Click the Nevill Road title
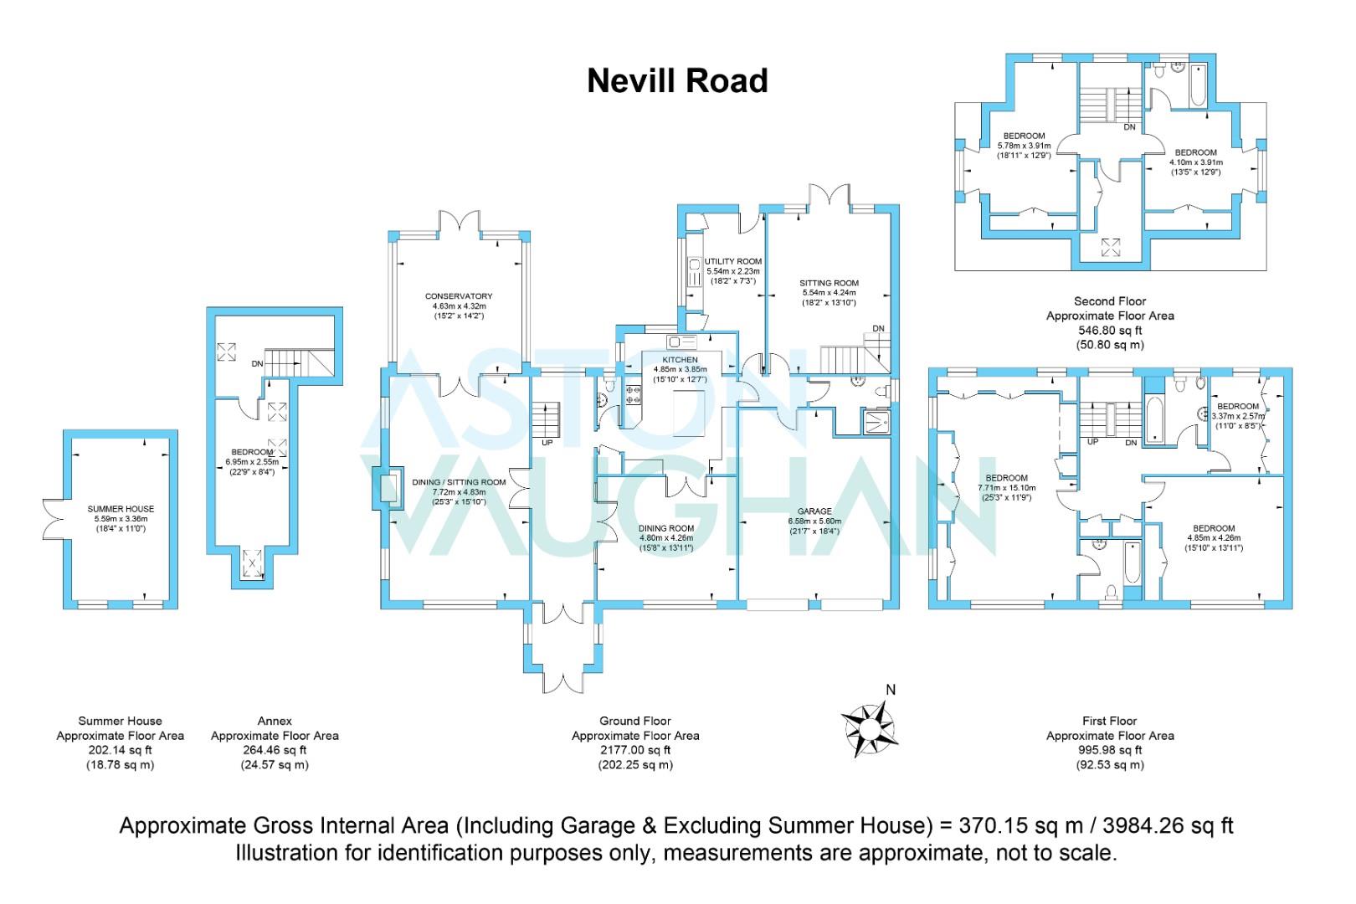pos(677,81)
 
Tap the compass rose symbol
pos(870,729)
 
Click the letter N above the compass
pos(891,690)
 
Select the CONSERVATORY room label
pos(458,296)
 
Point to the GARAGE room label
pos(814,511)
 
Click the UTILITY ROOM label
pos(732,261)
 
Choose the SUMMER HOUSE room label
pos(121,509)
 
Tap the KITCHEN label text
pos(680,360)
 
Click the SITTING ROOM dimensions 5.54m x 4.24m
pos(829,292)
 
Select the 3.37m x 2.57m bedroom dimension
pos(1238,416)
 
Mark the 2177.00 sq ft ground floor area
pos(635,750)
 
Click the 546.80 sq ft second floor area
pos(1110,330)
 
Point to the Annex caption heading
pos(275,721)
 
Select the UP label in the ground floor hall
pos(547,443)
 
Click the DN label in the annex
pos(257,364)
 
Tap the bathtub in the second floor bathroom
pos(1197,85)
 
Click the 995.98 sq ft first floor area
pos(1110,750)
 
